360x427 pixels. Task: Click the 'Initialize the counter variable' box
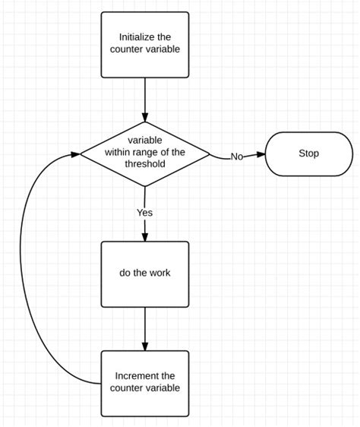(144, 43)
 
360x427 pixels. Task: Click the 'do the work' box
(144, 273)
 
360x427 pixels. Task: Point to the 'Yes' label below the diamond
(144, 213)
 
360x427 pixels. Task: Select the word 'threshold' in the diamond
(144, 164)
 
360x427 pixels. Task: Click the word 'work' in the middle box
(159, 273)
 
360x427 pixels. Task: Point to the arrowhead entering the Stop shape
(260, 154)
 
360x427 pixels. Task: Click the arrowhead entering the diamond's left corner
(76, 154)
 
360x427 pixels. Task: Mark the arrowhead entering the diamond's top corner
(144, 116)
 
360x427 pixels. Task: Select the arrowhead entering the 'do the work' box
(144, 237)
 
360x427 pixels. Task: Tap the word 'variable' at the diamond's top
(144, 140)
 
